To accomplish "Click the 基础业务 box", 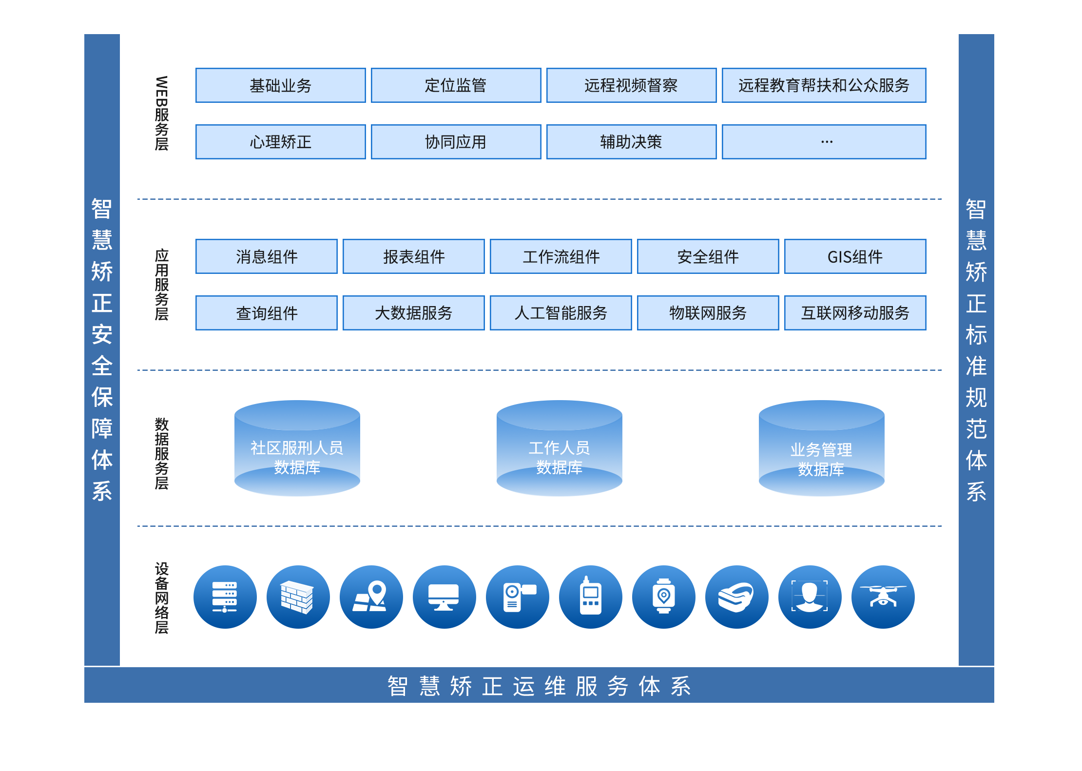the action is [x=280, y=85].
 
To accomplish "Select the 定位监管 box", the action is [x=456, y=85].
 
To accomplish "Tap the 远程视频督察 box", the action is [x=631, y=85].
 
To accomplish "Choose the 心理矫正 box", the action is [x=280, y=142].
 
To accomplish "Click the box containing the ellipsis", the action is [x=824, y=142].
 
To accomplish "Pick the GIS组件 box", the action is [x=855, y=256].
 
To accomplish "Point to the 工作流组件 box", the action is [x=560, y=256].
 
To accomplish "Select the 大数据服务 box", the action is [x=413, y=313].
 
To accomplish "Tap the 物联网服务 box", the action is [x=708, y=313].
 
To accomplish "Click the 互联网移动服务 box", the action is [x=855, y=313].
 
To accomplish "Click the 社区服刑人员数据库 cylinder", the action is [x=297, y=448].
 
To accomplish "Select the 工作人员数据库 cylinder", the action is [x=560, y=448].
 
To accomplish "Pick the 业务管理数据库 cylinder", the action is [x=822, y=448].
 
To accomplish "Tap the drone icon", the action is [x=883, y=597].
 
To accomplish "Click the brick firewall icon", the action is [x=298, y=597].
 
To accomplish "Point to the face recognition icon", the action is [x=810, y=597].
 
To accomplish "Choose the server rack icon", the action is [x=225, y=597].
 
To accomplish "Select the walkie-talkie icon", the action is [x=590, y=597].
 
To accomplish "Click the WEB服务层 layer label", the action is [x=162, y=113].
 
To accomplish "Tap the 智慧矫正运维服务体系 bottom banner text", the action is [x=539, y=686].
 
